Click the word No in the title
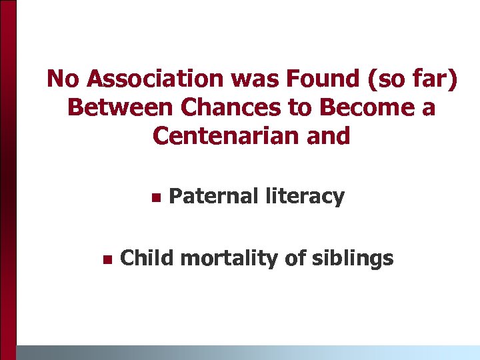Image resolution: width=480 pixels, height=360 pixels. coord(63,79)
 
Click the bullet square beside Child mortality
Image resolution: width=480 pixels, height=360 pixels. coord(105,259)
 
